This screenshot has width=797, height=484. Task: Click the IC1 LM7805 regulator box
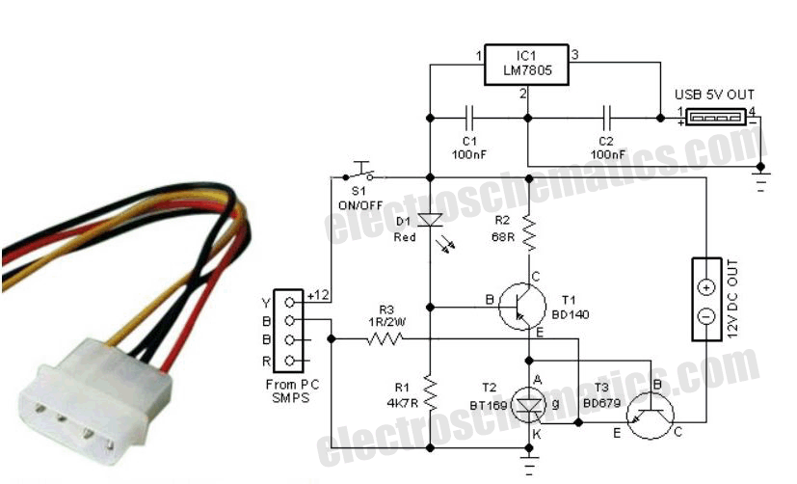coord(527,62)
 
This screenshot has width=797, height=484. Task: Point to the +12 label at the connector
coord(319,293)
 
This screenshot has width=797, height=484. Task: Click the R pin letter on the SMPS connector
coord(265,361)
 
